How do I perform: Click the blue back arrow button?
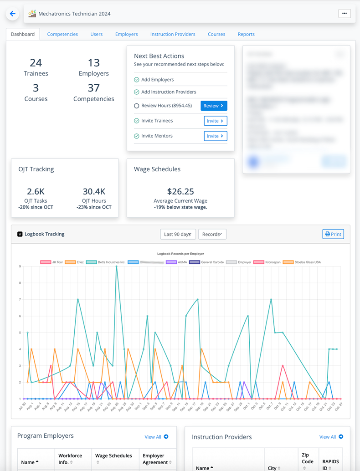(x=12, y=14)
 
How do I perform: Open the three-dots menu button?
(x=345, y=14)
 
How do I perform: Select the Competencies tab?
(x=62, y=34)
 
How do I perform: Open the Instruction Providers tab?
(x=173, y=34)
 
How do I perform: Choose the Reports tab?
(x=246, y=34)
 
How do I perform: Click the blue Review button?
(x=214, y=106)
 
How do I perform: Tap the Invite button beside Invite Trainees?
(x=215, y=121)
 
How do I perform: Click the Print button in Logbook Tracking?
(x=333, y=234)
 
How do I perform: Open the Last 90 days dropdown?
(x=178, y=234)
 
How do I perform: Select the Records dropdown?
(x=212, y=234)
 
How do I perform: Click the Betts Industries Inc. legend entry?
(x=104, y=262)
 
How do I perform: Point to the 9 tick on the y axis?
(x=19, y=266)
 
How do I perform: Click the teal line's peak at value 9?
(x=117, y=266)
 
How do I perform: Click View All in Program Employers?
(x=156, y=437)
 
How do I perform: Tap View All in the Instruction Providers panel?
(x=331, y=437)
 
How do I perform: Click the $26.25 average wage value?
(x=180, y=192)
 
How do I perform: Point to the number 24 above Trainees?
(x=36, y=63)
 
